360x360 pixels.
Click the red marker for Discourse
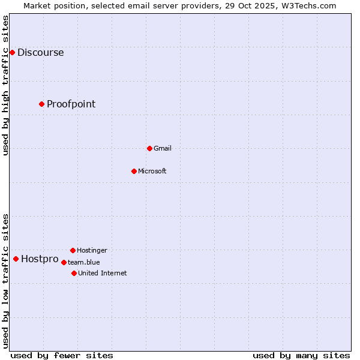pyautogui.click(x=12, y=53)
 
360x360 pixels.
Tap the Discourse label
pyautogui.click(x=40, y=53)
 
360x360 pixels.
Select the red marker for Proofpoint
pyautogui.click(x=41, y=104)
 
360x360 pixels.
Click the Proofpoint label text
pyautogui.click(x=71, y=104)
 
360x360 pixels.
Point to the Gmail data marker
pyautogui.click(x=149, y=148)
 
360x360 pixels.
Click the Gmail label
pyautogui.click(x=162, y=149)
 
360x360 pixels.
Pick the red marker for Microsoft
pyautogui.click(x=134, y=171)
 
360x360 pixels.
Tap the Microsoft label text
pyautogui.click(x=152, y=172)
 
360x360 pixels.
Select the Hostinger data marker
pyautogui.click(x=73, y=250)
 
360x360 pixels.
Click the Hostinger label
pyautogui.click(x=92, y=251)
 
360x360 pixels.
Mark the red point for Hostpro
pyautogui.click(x=16, y=259)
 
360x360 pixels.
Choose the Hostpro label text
pyautogui.click(x=40, y=260)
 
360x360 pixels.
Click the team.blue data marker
pyautogui.click(x=64, y=262)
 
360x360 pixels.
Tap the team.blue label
pyautogui.click(x=83, y=262)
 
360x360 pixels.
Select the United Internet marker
pyautogui.click(x=74, y=273)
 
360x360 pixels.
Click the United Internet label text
pyautogui.click(x=102, y=274)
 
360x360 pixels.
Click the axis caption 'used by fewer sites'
pyautogui.click(x=62, y=355)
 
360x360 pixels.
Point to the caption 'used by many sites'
pyautogui.click(x=301, y=355)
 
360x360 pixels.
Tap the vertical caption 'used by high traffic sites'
pyautogui.click(x=6, y=85)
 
